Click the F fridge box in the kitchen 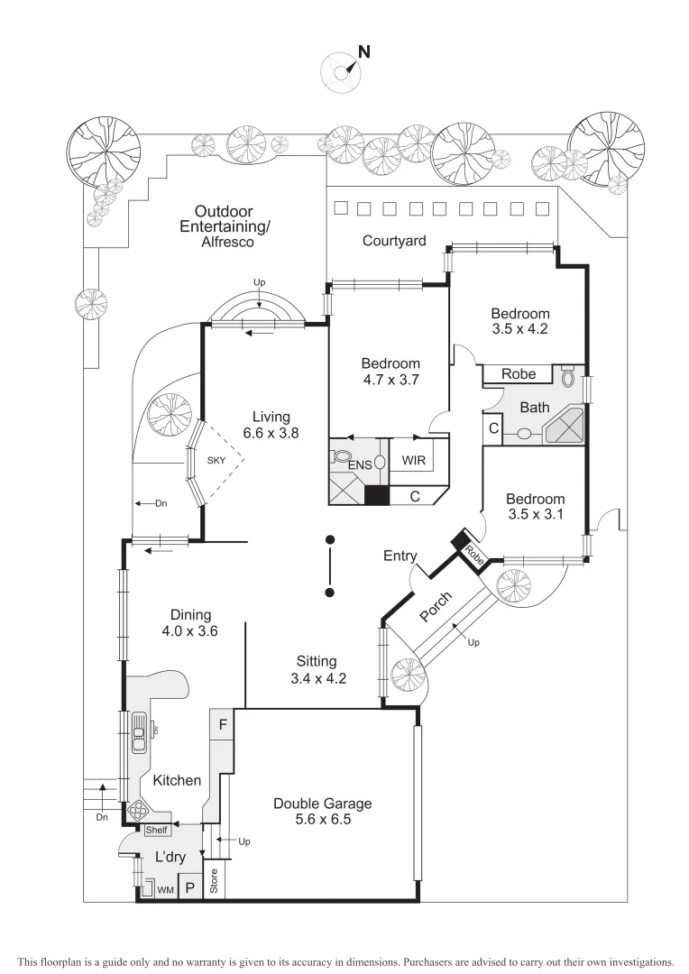coord(222,723)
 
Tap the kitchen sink coord(139,731)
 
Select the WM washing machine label coord(165,890)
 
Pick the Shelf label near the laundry coord(157,830)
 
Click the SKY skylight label coord(216,460)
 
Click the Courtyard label coord(394,241)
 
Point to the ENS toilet coord(342,456)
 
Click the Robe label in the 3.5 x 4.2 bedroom coord(519,373)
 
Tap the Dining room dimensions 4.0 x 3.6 coord(184,631)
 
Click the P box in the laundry coord(190,887)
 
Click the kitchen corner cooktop coord(140,808)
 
